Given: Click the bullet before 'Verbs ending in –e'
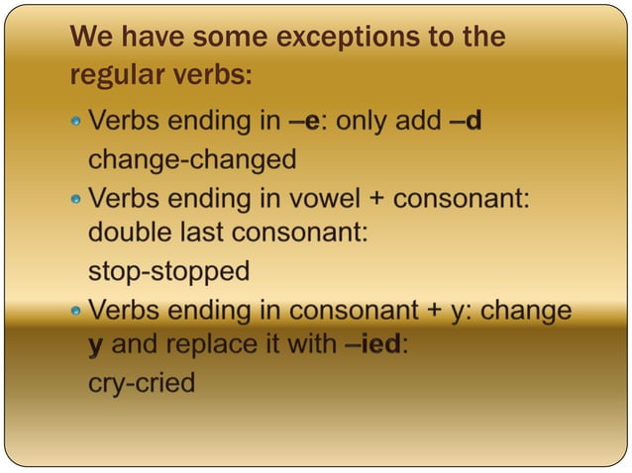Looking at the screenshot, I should click(76, 123).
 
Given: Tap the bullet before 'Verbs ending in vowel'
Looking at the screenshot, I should click(76, 199).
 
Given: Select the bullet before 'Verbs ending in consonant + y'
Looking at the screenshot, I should click(76, 311).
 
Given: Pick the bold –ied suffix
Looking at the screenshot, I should click(375, 346).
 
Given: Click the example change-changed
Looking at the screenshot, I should click(192, 159).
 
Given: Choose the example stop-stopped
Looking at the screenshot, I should click(168, 271).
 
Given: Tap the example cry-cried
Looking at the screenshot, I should click(142, 383).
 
